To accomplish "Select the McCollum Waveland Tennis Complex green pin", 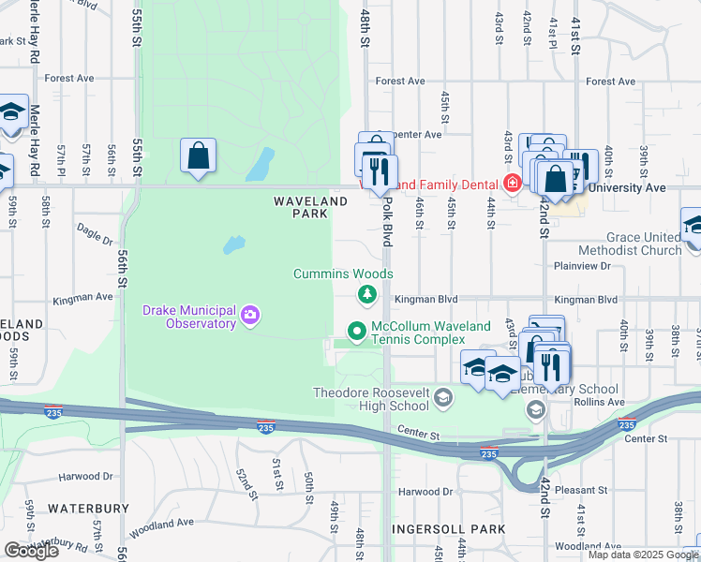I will click(356, 331).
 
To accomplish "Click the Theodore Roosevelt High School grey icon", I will click(442, 400).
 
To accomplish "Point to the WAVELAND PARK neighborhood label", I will click(300, 207).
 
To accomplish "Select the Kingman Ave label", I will click(83, 297).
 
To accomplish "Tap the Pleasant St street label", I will click(580, 490).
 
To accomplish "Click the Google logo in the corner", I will click(31, 551).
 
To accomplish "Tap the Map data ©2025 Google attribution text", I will click(643, 555).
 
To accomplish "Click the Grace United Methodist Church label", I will click(643, 244).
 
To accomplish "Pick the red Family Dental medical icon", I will click(512, 182).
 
